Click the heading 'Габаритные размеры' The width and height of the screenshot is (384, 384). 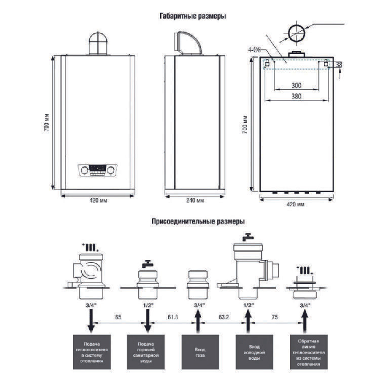(x=192, y=17)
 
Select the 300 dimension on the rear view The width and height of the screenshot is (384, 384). (x=296, y=85)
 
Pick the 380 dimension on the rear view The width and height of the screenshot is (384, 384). (x=296, y=97)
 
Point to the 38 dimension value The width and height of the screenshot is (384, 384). (x=339, y=65)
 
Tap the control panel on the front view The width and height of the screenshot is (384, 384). (x=98, y=170)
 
